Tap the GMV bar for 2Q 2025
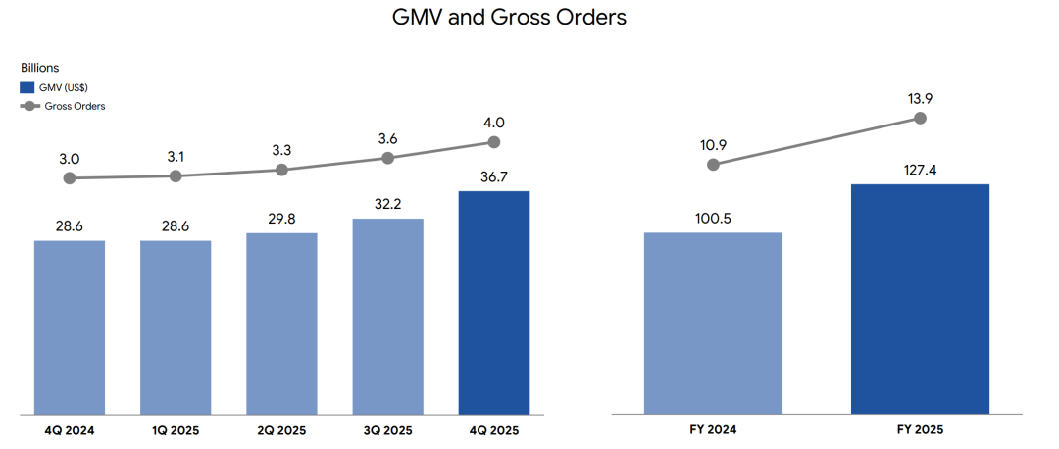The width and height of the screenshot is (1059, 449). [x=281, y=324]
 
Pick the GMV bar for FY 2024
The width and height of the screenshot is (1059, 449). [x=713, y=324]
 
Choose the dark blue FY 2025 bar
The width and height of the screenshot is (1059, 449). [x=920, y=299]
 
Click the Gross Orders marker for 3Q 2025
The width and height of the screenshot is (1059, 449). [x=388, y=158]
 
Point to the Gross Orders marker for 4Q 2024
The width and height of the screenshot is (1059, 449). [x=70, y=178]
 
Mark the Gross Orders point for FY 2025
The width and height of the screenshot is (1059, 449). [x=920, y=118]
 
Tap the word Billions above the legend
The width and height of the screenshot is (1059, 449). [x=40, y=69]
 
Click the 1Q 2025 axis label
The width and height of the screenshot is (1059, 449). [x=176, y=430]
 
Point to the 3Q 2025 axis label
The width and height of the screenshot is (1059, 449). [x=388, y=430]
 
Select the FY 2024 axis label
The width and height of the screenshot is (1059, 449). [x=713, y=430]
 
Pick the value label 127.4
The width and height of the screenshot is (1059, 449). [x=920, y=169]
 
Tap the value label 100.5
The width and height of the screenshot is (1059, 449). [x=713, y=217]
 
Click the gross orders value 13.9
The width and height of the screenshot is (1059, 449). [x=920, y=99]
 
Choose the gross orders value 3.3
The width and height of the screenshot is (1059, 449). [x=281, y=150]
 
